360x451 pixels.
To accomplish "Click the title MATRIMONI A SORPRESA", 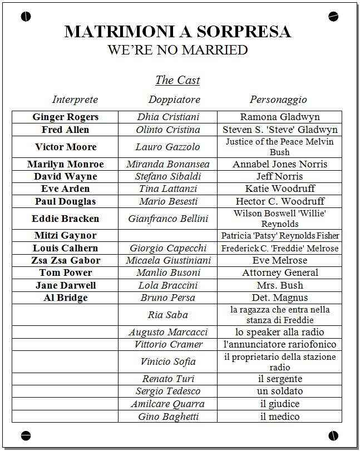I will [x=177, y=31].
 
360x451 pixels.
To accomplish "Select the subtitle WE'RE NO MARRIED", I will [x=177, y=50].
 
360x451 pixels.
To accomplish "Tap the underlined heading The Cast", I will [x=177, y=80].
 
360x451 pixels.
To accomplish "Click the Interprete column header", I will [x=75, y=100].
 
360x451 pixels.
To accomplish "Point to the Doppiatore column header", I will [x=174, y=100].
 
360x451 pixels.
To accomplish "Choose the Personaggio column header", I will [x=278, y=100].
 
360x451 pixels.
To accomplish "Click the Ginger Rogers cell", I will [x=66, y=117].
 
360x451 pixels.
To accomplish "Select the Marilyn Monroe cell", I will [x=66, y=164].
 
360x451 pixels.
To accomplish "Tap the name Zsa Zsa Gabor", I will [x=66, y=260].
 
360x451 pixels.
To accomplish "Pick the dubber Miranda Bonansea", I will [x=168, y=164].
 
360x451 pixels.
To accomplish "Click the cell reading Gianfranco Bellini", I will [x=168, y=219].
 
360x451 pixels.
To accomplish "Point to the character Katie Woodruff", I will [x=280, y=189].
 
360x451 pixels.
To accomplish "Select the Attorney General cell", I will [x=280, y=272].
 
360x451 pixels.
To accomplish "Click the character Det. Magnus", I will [x=280, y=298].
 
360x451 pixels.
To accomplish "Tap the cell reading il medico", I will [x=280, y=416].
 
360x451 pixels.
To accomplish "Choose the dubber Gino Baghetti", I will [x=168, y=416].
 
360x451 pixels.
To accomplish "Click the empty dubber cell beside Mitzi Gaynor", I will [x=168, y=235].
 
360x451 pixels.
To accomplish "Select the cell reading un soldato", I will [x=280, y=391].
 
